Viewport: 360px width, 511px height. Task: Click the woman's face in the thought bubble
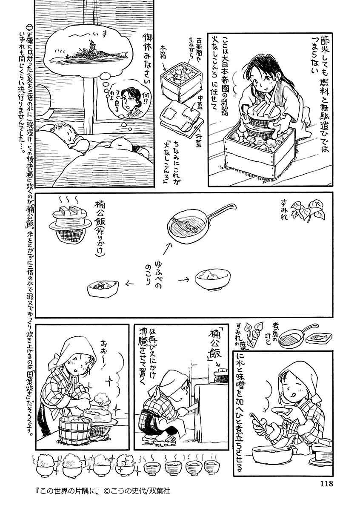tap(128, 100)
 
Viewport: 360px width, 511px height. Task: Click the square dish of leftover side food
tap(103, 287)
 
